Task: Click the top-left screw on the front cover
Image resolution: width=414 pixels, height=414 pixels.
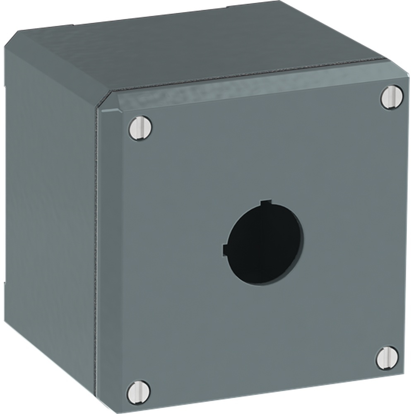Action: click(x=140, y=128)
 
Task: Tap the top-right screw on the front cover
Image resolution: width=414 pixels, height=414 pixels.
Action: click(x=391, y=97)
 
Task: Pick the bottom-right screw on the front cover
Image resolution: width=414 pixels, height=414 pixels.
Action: click(x=388, y=358)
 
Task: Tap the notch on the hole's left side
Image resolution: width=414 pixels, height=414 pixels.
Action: click(x=225, y=250)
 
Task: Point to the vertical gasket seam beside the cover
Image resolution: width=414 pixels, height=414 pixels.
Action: click(x=97, y=248)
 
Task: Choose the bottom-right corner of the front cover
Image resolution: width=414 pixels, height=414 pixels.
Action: click(x=404, y=375)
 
